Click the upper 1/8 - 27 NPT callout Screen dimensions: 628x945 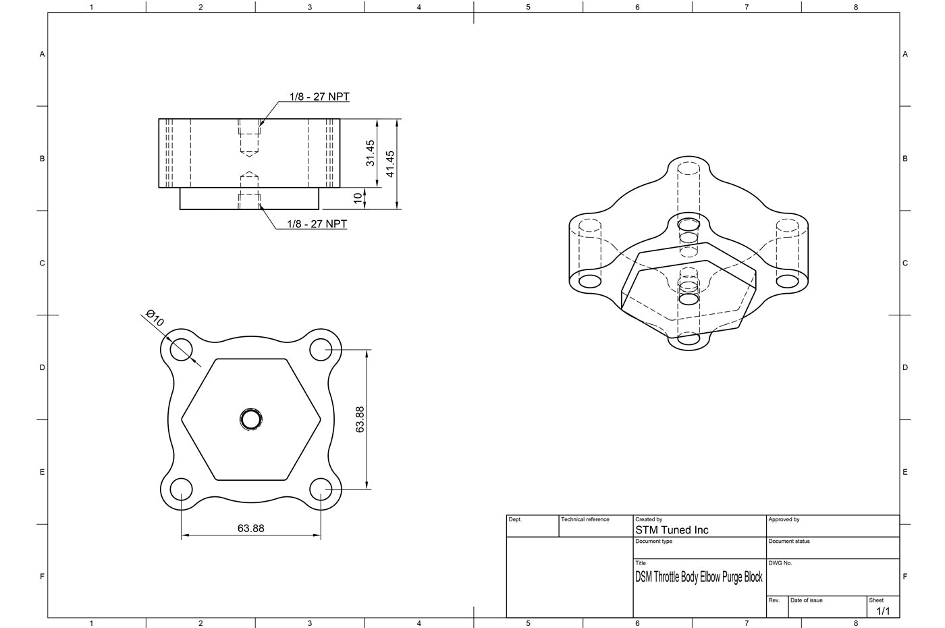pyautogui.click(x=319, y=97)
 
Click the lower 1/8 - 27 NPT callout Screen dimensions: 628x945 pyautogui.click(x=317, y=224)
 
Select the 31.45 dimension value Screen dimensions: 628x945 pyautogui.click(x=370, y=153)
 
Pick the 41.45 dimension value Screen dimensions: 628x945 pyautogui.click(x=390, y=164)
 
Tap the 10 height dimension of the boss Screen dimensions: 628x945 pyautogui.click(x=358, y=199)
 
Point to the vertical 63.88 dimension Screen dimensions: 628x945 pyautogui.click(x=360, y=419)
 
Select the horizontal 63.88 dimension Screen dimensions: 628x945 pyautogui.click(x=250, y=528)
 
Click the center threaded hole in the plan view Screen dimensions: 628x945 pyautogui.click(x=251, y=419)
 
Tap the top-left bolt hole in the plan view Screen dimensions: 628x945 pyautogui.click(x=181, y=349)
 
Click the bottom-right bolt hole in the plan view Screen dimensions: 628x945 pyautogui.click(x=321, y=489)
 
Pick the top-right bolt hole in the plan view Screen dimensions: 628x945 pyautogui.click(x=321, y=349)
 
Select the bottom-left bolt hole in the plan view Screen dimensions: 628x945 pyautogui.click(x=181, y=489)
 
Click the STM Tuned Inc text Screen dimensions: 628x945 pyautogui.click(x=672, y=530)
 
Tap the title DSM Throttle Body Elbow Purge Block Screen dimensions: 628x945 pyautogui.click(x=699, y=577)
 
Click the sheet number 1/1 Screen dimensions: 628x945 pyautogui.click(x=883, y=611)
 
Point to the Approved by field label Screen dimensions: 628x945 pyautogui.click(x=784, y=519)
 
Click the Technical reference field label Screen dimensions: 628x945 pyautogui.click(x=585, y=519)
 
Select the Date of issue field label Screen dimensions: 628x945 pyautogui.click(x=806, y=600)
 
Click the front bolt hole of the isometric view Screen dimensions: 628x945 pyautogui.click(x=688, y=338)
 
